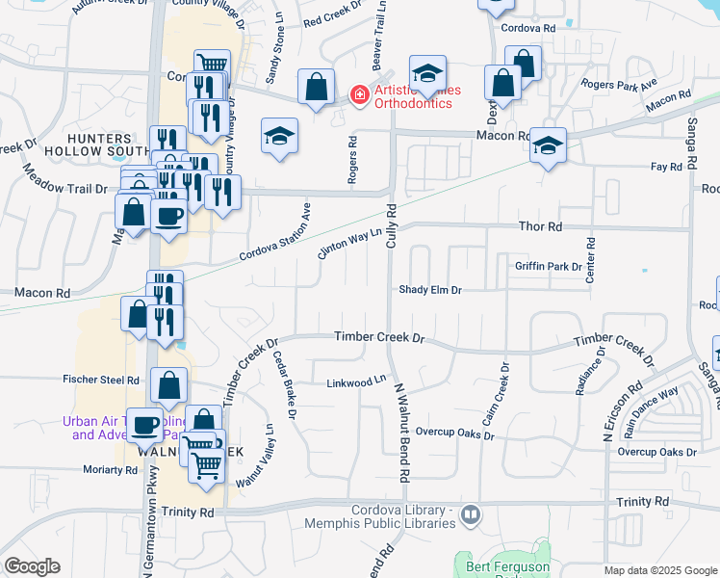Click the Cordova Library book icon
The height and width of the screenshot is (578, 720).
470,514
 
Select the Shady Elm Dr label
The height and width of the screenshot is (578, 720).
430,290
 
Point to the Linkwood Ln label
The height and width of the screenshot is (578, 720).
355,382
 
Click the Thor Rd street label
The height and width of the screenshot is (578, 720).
540,226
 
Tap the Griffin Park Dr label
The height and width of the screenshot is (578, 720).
549,266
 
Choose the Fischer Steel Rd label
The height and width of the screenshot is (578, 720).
101,380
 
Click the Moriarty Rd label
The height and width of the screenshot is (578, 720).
112,470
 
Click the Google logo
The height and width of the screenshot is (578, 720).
33,565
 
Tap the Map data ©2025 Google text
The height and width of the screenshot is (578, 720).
660,571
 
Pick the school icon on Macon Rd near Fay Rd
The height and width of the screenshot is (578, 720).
548,145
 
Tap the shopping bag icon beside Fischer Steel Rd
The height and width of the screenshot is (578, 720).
168,385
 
